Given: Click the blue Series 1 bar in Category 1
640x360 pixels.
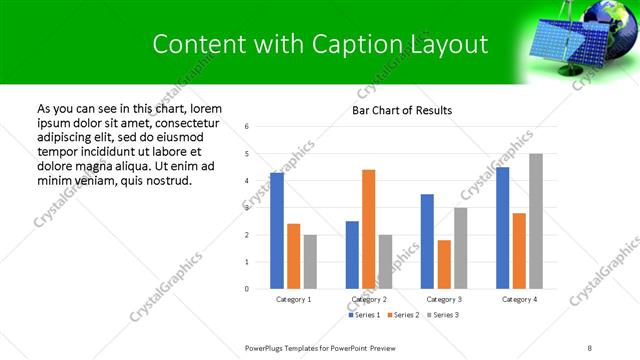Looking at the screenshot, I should [277, 230].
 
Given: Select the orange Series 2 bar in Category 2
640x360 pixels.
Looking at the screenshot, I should [369, 229].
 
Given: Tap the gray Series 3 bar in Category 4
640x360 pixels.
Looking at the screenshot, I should [536, 221].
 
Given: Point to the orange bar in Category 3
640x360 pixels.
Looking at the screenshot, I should [444, 264].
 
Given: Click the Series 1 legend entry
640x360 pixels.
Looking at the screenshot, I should [365, 315].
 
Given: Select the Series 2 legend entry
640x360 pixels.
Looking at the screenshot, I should [402, 315].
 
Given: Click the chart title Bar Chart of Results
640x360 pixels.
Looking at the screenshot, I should [402, 110].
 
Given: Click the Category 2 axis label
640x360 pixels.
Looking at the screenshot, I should [369, 300].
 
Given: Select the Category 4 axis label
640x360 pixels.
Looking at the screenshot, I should [519, 300].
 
